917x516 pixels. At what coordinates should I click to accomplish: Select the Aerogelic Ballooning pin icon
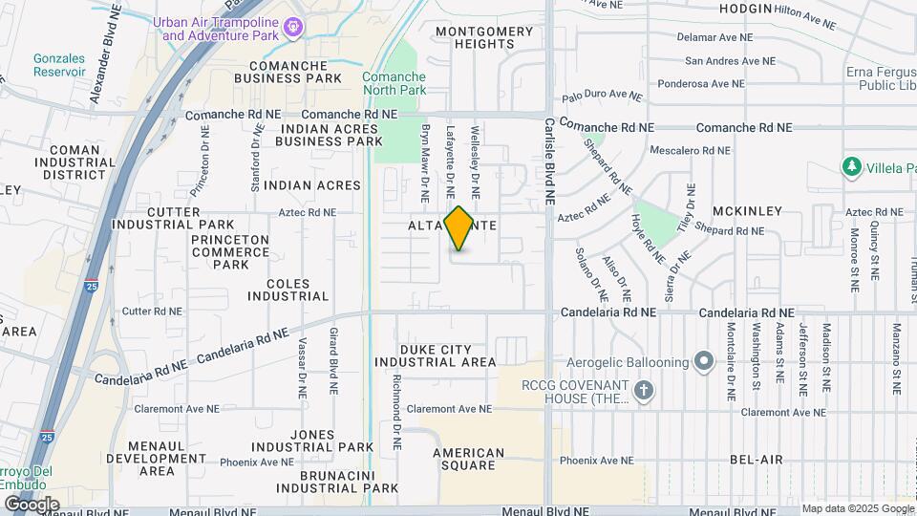point(704,362)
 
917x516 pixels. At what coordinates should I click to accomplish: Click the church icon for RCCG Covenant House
point(644,390)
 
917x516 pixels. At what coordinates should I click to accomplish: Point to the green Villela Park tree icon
point(851,167)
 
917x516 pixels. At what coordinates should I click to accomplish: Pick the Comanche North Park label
point(394,83)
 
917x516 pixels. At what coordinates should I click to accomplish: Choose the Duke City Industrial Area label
point(435,356)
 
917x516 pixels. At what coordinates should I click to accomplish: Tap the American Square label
point(468,460)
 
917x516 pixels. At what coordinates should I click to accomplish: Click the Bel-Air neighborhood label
point(757,460)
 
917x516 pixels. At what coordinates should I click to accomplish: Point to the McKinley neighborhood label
point(747,211)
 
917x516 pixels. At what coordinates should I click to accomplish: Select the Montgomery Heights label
point(484,37)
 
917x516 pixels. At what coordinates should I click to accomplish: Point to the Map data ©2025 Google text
point(857,508)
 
